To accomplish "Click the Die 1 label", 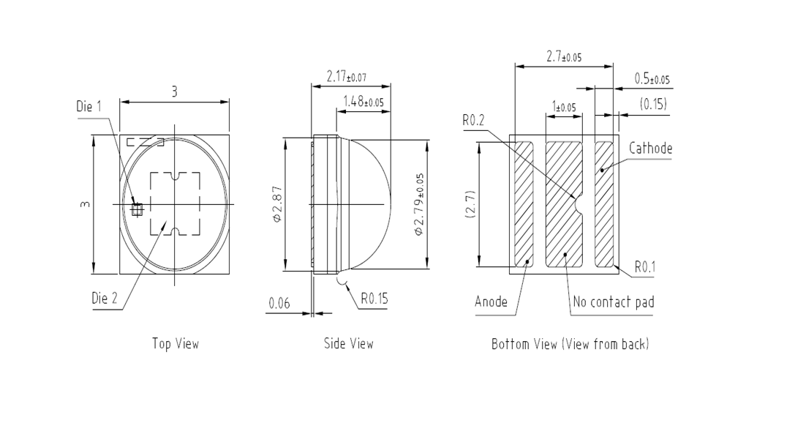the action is pos(88,107).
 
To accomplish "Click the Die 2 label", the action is pos(105,298).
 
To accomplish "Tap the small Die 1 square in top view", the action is pos(137,209).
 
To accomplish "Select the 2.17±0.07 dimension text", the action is pos(346,77).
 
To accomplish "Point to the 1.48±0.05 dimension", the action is pos(363,102).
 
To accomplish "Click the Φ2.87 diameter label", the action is pos(277,204).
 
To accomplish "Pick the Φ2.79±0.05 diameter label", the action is pos(419,204).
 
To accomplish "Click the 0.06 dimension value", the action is pos(279,304).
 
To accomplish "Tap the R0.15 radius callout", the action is pos(374,299).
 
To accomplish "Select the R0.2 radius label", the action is pos(473,120).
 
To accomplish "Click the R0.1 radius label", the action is pos(645,267).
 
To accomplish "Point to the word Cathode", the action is pos(650,149).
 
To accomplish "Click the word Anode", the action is pos(491,302).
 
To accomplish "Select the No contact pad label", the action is pos(614,302).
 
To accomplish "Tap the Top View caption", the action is pos(176,344).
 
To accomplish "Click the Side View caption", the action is pos(349,344).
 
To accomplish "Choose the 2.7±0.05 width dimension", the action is pos(564,56).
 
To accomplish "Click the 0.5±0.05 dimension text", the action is pos(652,79).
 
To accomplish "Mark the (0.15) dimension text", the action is pos(653,104).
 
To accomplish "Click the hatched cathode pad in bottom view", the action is pos(604,204).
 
